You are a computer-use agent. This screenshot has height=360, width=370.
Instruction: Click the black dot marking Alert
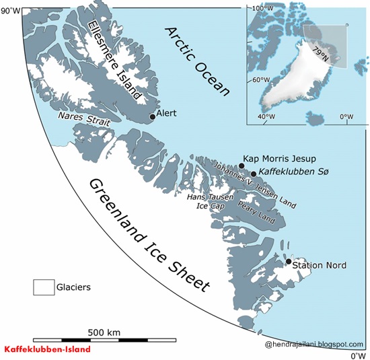[153, 116]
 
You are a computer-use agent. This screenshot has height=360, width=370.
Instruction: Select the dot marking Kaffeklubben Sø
[254, 174]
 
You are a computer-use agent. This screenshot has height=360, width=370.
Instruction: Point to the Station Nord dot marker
[289, 261]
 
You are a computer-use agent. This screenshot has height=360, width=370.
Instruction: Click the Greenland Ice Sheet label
[149, 236]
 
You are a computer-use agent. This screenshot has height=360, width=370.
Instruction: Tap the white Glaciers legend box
[44, 287]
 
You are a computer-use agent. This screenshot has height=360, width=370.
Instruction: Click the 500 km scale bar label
[104, 332]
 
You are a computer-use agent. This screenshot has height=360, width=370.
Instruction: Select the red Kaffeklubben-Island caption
[47, 350]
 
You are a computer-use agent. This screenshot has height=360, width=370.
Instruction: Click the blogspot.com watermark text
[314, 344]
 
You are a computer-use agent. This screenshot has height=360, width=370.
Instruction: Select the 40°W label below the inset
[266, 116]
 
